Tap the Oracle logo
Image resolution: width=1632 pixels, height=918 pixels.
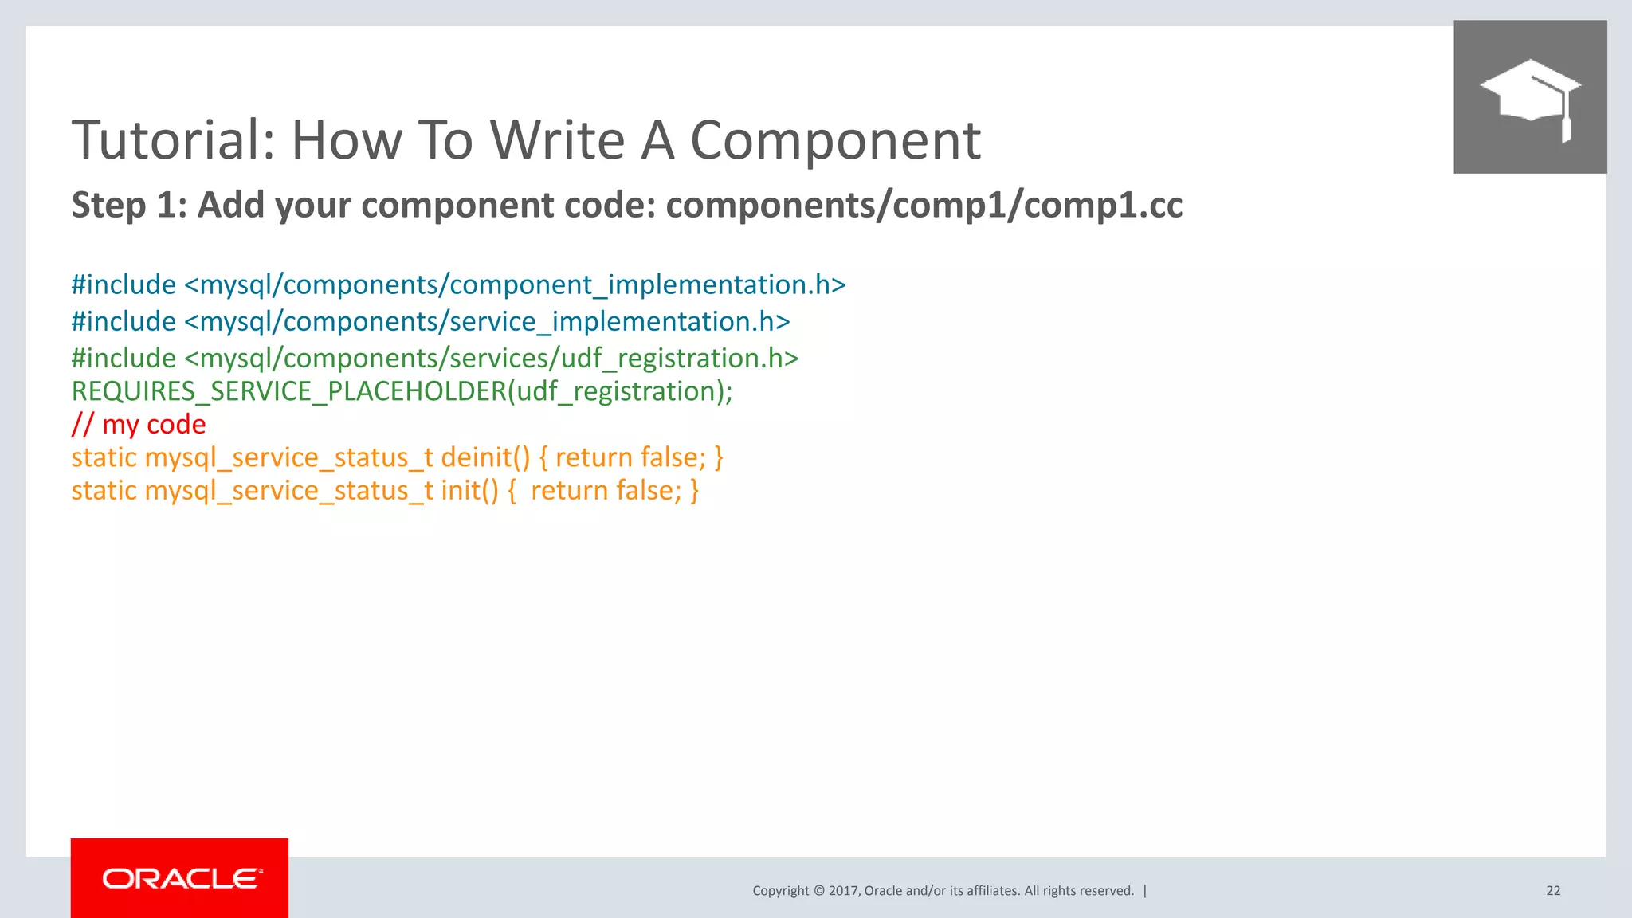tap(180, 878)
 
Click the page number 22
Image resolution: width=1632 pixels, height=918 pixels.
tap(1553, 891)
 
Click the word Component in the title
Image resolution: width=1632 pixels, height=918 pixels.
tap(834, 140)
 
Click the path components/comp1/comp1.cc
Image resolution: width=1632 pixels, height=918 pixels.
tap(924, 206)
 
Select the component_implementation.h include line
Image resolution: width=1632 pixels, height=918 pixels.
tap(458, 284)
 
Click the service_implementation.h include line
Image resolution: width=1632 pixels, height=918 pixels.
tap(430, 321)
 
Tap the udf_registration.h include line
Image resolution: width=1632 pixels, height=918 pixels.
tap(434, 358)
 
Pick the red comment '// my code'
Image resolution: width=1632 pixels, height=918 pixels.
tap(139, 424)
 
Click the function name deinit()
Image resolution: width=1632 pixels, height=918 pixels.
tap(484, 457)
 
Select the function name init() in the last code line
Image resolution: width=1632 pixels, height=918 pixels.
tap(469, 490)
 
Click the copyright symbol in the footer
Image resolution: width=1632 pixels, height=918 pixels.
tap(818, 891)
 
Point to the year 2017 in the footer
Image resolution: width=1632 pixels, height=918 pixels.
tap(843, 891)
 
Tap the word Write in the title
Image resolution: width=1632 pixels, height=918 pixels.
tap(557, 140)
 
